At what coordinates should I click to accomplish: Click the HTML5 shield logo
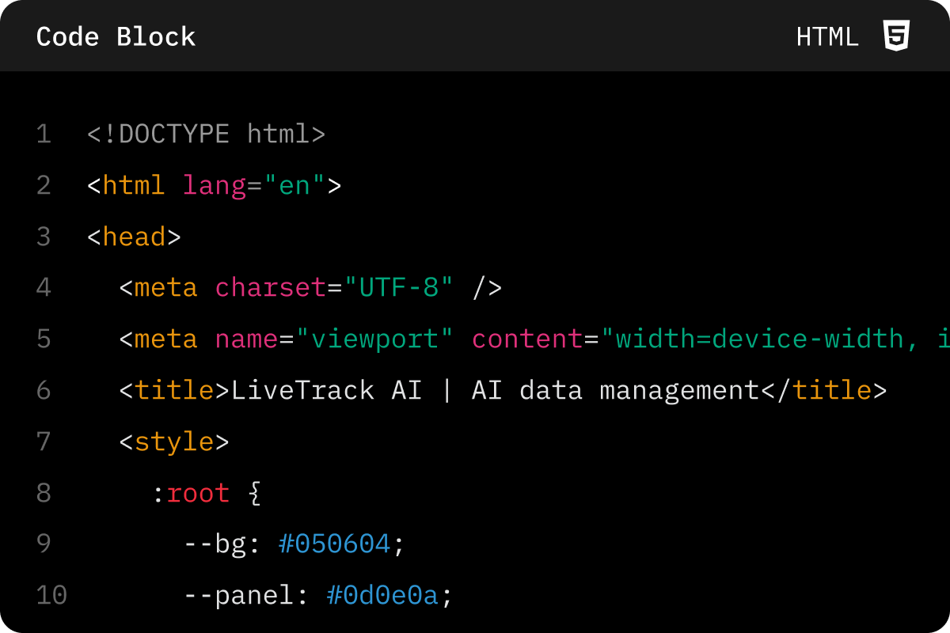pos(896,35)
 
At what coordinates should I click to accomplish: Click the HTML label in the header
pos(827,37)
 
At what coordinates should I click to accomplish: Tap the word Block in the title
pos(156,37)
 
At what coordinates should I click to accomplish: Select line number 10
pos(51,595)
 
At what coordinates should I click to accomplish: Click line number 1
pos(44,134)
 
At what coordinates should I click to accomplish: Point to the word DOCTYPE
pos(174,134)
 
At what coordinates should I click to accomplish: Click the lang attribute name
pos(215,186)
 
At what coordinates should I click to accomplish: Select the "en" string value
pos(294,185)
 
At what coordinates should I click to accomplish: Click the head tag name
pos(134,237)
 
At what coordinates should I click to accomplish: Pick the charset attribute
pos(271,288)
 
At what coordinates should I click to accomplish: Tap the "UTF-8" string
pos(399,287)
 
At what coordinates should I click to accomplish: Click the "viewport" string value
pos(374,339)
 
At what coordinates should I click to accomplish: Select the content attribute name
pos(527,339)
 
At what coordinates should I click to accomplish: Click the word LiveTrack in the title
pos(302,390)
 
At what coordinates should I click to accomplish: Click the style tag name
pos(174,442)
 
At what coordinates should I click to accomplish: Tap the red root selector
pos(198,494)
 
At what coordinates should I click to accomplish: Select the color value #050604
pos(334,544)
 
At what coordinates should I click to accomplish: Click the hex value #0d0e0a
pos(382,595)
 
